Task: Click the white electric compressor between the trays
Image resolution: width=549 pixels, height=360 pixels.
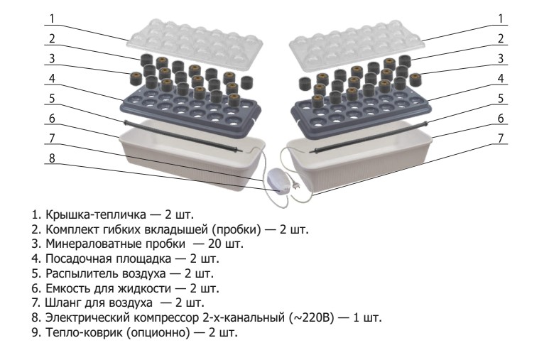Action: (279, 180)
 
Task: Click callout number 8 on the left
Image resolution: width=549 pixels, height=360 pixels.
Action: (52, 158)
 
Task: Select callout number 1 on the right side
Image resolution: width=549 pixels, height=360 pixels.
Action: (501, 18)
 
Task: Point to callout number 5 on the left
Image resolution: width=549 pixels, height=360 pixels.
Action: (52, 99)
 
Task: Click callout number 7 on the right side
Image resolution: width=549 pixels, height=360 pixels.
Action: (501, 138)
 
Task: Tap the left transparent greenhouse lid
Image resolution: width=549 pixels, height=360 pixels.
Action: (195, 43)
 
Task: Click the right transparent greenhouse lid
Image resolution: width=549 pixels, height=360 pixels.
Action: (357, 43)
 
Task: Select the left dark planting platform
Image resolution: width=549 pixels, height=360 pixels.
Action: (191, 109)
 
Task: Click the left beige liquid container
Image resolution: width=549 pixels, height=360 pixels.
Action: (192, 156)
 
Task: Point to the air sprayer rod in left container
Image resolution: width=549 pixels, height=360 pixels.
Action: (183, 136)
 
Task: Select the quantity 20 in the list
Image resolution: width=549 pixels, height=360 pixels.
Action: (214, 244)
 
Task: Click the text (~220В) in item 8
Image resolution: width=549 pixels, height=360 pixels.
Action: (312, 317)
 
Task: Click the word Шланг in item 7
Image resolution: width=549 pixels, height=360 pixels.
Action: (63, 302)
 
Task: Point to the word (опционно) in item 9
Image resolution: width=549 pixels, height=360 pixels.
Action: (158, 332)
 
